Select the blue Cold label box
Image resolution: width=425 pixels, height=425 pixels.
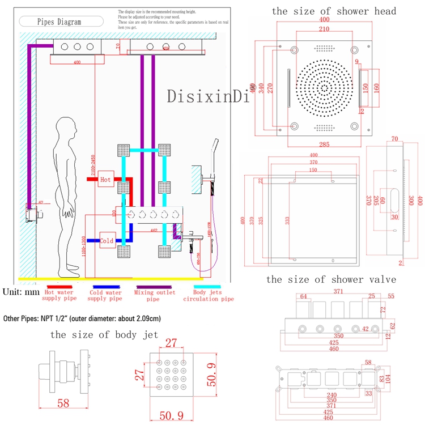point(107,240)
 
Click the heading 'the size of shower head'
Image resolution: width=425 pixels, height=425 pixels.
point(334,11)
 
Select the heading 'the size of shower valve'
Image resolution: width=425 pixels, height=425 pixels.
point(331,279)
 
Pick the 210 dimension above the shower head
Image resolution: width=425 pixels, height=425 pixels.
point(324,29)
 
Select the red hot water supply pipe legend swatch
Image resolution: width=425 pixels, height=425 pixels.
point(60,286)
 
